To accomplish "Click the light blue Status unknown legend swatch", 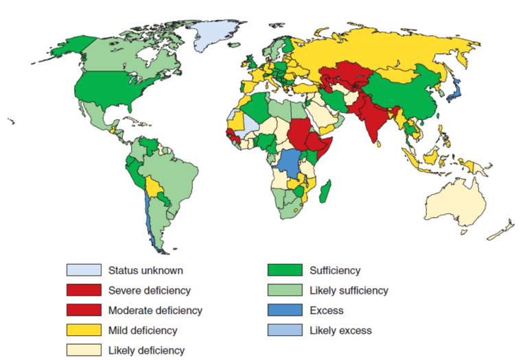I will pyautogui.click(x=83, y=270).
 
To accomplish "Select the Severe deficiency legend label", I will pyautogui.click(x=149, y=290).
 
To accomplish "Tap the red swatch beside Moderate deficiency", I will pyautogui.click(x=83, y=310).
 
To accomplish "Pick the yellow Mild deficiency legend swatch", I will pyautogui.click(x=83, y=330).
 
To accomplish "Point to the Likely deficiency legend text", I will pyautogui.click(x=146, y=350).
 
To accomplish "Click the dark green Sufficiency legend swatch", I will pyautogui.click(x=283, y=270).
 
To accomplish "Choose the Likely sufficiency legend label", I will pyautogui.click(x=349, y=290).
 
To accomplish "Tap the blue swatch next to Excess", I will pyautogui.click(x=283, y=310).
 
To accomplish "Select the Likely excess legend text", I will pyautogui.click(x=340, y=330).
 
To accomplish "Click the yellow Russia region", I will pyautogui.click(x=384, y=48).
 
